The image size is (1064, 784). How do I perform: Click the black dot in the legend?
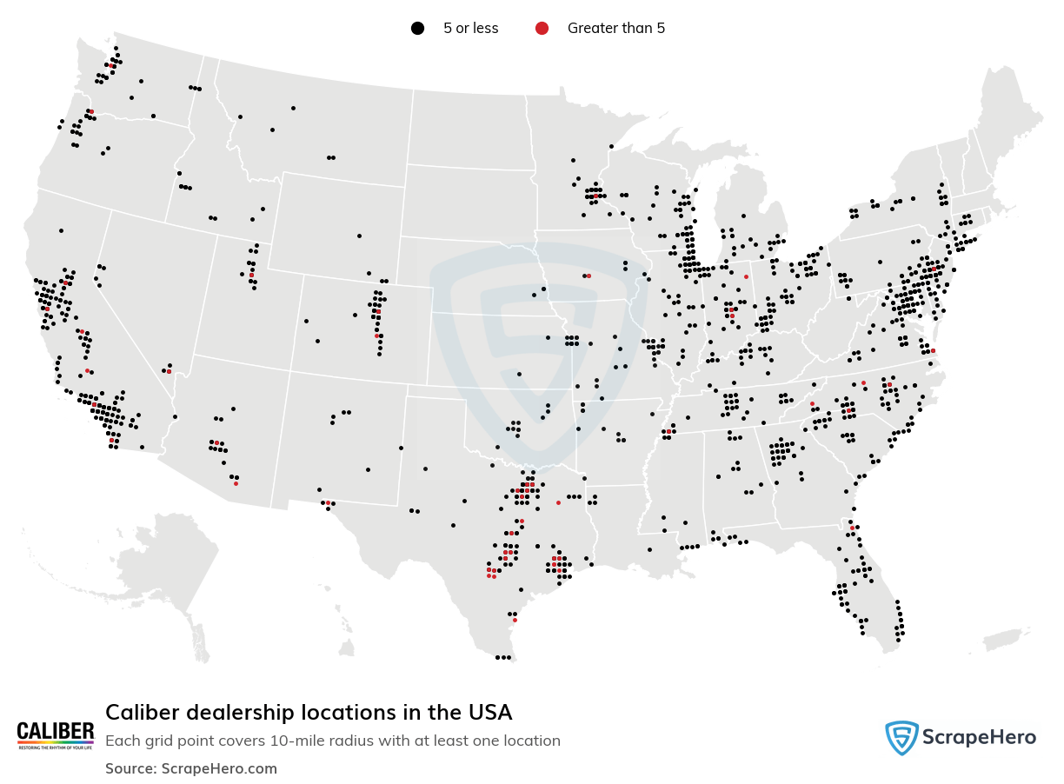(417, 29)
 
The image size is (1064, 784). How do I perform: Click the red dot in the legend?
(542, 29)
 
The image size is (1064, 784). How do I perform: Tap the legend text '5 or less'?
(470, 29)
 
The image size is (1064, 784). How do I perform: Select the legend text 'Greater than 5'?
(615, 29)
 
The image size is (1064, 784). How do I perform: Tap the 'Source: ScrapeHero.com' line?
(191, 768)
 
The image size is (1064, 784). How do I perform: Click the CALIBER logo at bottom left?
(56, 735)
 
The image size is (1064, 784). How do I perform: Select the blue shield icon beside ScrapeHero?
(901, 738)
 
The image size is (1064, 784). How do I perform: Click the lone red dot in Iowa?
(589, 276)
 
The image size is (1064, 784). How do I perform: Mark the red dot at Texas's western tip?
(328, 502)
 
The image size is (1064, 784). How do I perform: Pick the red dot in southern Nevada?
(169, 371)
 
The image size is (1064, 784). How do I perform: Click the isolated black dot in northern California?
(61, 230)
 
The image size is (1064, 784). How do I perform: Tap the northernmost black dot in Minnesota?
(611, 146)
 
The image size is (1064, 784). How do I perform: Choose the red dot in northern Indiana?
(746, 276)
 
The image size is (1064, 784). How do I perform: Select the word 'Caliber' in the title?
(137, 713)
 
